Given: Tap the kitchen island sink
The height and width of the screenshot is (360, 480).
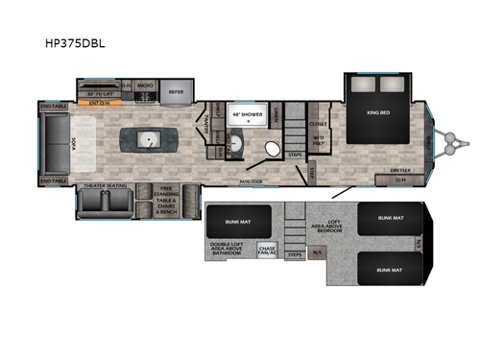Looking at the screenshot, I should click(148, 141).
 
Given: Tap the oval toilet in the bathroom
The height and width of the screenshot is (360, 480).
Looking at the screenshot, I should click(272, 149).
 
